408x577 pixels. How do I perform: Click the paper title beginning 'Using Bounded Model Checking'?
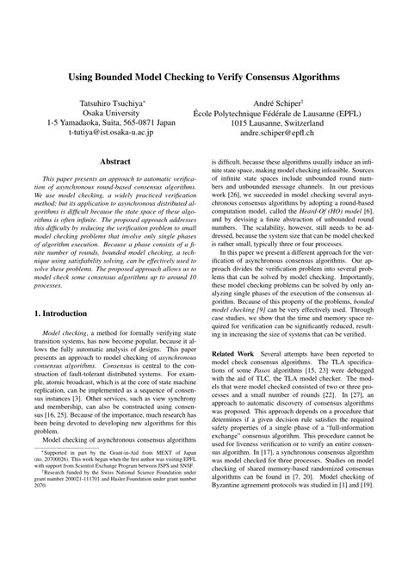203,77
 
